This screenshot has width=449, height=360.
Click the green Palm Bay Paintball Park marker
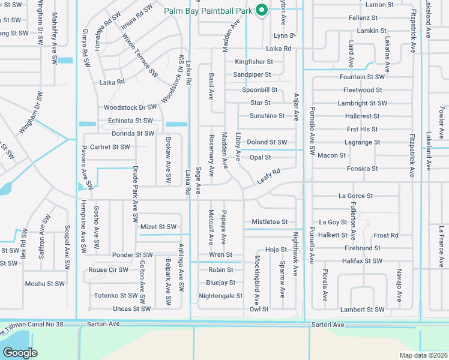pyautogui.click(x=262, y=10)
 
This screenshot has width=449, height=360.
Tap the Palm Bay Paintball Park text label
pyautogui.click(x=209, y=10)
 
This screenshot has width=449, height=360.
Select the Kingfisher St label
pyautogui.click(x=254, y=62)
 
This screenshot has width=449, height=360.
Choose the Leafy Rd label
pyautogui.click(x=268, y=175)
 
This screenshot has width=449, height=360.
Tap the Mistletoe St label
pyautogui.click(x=270, y=222)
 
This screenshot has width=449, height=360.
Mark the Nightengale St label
pyautogui.click(x=220, y=296)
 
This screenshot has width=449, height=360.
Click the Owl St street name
pyautogui.click(x=259, y=310)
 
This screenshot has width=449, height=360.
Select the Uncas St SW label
pyautogui.click(x=131, y=309)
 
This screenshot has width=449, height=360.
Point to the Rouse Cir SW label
pyautogui.click(x=109, y=270)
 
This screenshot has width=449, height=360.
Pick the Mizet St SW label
pyautogui.click(x=158, y=227)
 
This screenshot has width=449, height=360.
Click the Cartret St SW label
pyautogui.click(x=109, y=147)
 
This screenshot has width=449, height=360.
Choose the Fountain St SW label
pyautogui.click(x=362, y=77)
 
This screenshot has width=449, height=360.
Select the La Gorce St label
pyautogui.click(x=355, y=196)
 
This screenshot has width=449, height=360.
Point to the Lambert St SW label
pyautogui.click(x=361, y=310)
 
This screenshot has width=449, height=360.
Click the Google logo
pyautogui.click(x=20, y=353)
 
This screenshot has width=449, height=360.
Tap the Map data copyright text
pyautogui.click(x=423, y=355)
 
